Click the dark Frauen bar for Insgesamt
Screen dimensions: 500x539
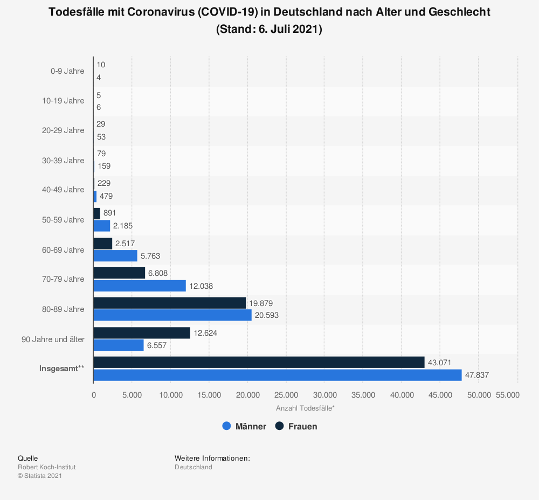point(259,363)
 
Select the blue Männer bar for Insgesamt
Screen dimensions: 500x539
point(277,375)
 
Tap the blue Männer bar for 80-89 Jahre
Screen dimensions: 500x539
point(172,315)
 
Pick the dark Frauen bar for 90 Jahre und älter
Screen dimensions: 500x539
point(141,333)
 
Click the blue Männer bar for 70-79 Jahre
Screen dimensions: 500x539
point(139,286)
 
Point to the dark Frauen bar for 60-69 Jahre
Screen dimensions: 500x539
point(102,244)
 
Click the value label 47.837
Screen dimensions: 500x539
point(477,375)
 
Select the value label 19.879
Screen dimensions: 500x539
point(261,303)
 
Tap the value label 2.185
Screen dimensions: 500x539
point(123,226)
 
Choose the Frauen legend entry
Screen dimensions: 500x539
point(296,426)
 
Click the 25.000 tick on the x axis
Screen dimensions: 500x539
point(286,395)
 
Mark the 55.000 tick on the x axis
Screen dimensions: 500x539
point(507,395)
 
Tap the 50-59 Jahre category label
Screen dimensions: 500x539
point(63,220)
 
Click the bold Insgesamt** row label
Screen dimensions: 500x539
point(61,369)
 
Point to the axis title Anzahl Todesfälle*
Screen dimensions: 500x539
point(305,408)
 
